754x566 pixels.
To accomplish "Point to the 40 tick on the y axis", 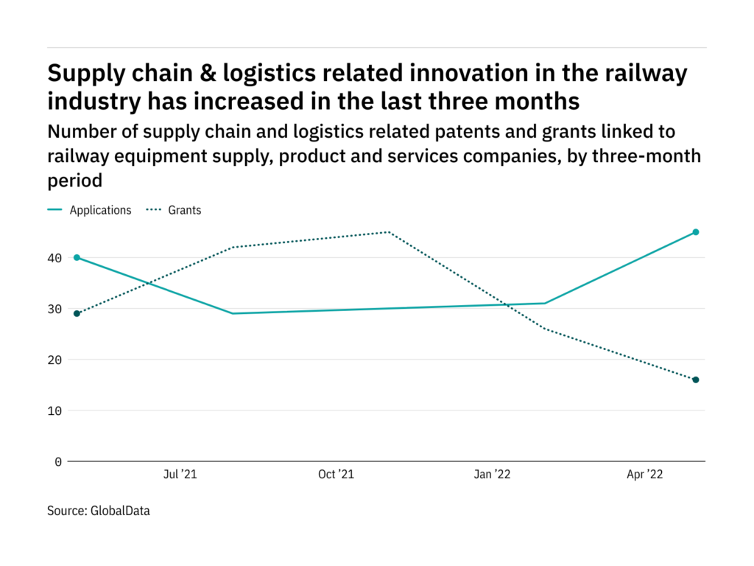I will [x=55, y=258].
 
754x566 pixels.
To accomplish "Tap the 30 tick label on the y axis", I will [x=55, y=309].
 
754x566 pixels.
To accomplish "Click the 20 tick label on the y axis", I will [x=55, y=360].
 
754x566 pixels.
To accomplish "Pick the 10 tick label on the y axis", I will [x=55, y=410].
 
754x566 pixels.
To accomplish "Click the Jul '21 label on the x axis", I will [x=179, y=475].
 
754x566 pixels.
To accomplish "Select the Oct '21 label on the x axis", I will [x=336, y=475].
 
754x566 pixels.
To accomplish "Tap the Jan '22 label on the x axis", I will [x=492, y=475].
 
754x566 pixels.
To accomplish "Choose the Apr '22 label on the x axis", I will [x=644, y=475].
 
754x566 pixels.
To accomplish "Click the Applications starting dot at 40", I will [x=77, y=258].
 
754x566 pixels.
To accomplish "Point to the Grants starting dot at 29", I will [x=77, y=313].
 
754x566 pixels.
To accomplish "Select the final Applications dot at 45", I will [x=695, y=232].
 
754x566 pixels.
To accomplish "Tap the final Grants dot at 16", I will [x=695, y=380].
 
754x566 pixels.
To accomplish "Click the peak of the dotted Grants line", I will [x=389, y=232].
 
